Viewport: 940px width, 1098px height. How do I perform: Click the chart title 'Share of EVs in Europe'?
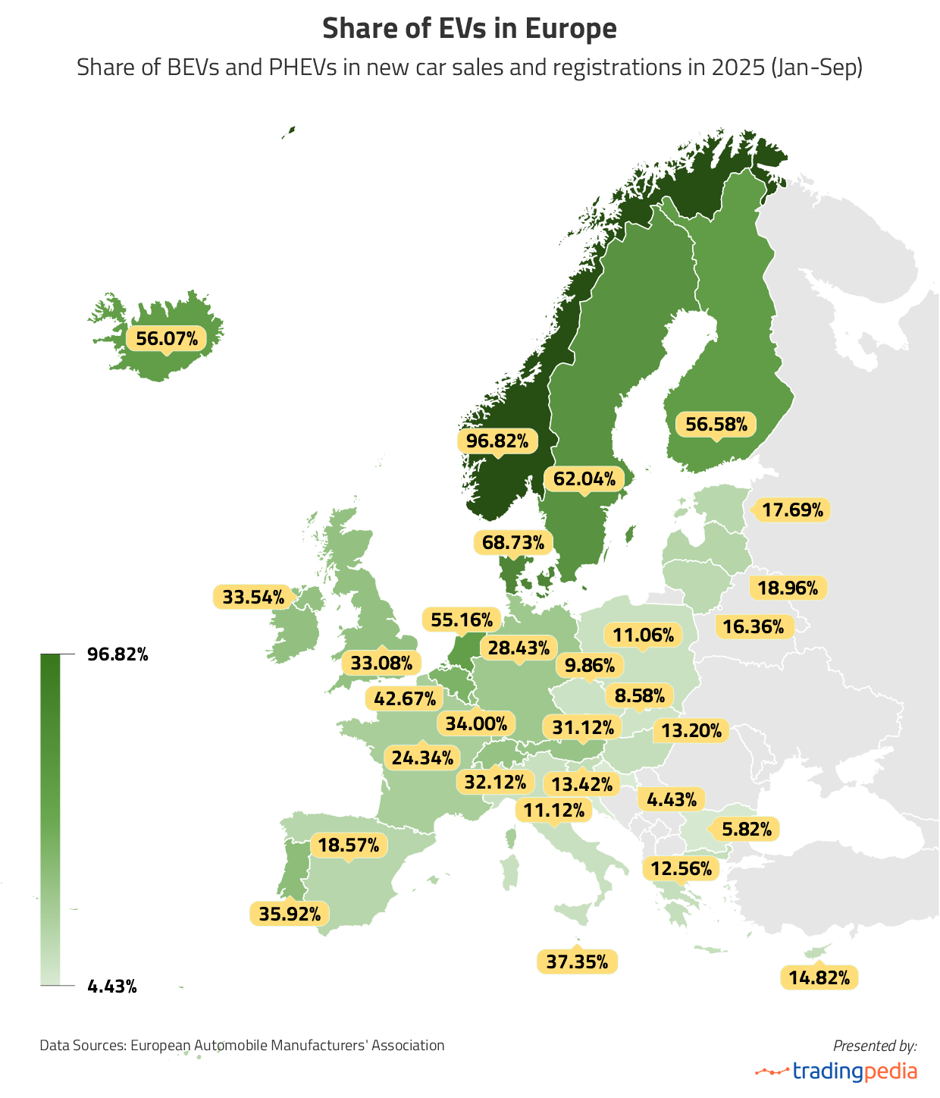coord(469,29)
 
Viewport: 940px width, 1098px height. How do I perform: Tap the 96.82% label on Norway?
coord(497,441)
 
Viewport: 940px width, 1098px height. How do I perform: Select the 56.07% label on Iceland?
coord(167,338)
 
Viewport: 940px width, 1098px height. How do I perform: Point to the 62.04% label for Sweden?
coord(584,478)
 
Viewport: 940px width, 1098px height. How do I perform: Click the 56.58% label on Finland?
coord(716,424)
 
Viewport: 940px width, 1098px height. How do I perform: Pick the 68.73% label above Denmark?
coord(513,542)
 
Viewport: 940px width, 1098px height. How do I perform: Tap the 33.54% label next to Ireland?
coord(253,597)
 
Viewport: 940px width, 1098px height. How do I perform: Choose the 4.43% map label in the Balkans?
coord(672,799)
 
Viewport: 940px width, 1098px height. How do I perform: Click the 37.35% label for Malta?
coord(577,962)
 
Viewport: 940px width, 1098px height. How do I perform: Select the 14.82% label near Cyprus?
coord(819,977)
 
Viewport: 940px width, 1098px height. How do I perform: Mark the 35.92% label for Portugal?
coord(290,914)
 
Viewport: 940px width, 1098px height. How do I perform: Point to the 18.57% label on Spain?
coord(349,845)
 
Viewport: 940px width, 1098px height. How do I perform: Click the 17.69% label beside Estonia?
coord(792,510)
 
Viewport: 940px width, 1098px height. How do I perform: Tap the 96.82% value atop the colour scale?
coord(117,654)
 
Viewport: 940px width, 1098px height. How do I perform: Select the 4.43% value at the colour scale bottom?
coord(112,987)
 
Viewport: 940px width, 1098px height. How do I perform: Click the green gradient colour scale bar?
coord(50,819)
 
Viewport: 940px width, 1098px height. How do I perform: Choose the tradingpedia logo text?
coord(854,1071)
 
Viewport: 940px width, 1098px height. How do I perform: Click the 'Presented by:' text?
coord(875,1046)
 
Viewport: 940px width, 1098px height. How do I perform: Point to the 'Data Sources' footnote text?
coord(242,1045)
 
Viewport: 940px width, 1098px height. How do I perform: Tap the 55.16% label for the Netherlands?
coord(461,620)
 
